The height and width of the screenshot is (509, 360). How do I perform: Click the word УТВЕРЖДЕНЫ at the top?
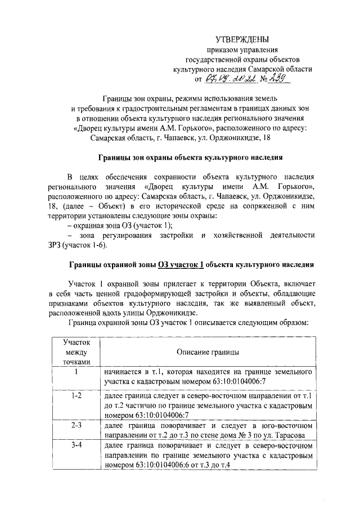(242, 39)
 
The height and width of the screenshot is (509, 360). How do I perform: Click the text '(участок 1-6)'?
(84, 245)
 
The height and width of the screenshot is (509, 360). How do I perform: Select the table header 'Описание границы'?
(206, 352)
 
